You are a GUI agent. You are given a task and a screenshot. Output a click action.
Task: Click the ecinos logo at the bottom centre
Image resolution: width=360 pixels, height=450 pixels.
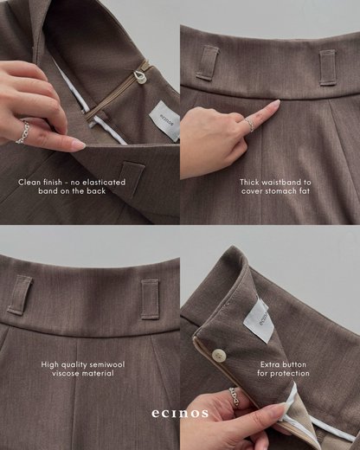point(180,413)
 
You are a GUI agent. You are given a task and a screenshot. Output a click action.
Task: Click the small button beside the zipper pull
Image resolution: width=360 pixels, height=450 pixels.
point(141,80)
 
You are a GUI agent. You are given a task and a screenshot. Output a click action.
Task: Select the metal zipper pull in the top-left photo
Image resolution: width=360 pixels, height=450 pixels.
point(138,75)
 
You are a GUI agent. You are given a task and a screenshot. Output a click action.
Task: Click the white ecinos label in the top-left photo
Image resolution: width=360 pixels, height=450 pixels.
point(164,120)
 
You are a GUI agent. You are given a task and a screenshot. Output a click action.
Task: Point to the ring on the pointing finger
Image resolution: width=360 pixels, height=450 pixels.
point(250,125)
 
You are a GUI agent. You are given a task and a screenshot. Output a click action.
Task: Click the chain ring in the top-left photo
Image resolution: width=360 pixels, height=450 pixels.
point(23,132)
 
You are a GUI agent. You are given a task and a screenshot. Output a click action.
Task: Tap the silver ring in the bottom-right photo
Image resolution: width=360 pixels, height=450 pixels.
point(235,398)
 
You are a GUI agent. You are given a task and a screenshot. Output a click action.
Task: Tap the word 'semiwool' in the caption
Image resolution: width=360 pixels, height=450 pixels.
point(107,364)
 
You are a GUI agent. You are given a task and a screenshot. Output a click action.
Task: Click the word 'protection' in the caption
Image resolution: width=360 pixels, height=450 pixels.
point(291,374)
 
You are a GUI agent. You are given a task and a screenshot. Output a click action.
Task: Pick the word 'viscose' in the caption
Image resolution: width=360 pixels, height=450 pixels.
point(65,373)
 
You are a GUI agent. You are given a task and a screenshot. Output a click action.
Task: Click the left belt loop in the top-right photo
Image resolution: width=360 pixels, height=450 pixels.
point(207,62)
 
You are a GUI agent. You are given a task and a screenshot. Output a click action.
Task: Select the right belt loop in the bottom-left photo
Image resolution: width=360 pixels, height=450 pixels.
point(151,299)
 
